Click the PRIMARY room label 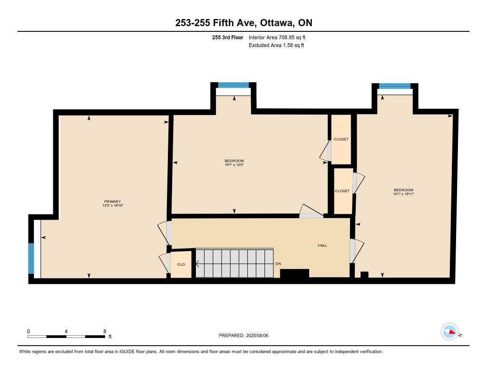112,202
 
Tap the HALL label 322,245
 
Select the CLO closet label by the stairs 181,265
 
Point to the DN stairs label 278,264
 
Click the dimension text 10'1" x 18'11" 404,194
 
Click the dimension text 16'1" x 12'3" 234,165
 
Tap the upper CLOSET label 341,139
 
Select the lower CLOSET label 342,191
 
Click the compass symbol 449,332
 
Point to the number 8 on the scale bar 105,331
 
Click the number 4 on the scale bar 66,331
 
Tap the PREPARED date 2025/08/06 257,336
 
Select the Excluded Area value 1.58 287,45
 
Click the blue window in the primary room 31,258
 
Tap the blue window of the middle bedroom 234,85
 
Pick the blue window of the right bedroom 394,86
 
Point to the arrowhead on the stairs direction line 197,264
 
